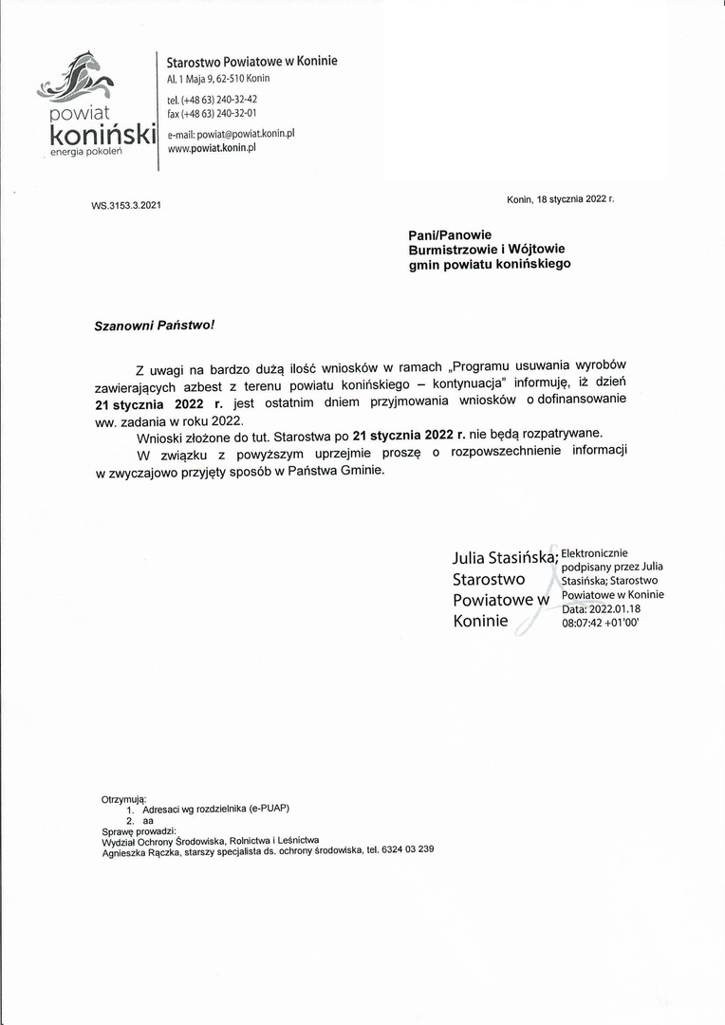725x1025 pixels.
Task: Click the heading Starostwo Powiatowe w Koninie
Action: pyautogui.click(x=251, y=62)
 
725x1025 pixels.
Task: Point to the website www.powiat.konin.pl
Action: pyautogui.click(x=213, y=148)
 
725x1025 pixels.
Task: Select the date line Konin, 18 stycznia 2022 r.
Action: pyautogui.click(x=561, y=199)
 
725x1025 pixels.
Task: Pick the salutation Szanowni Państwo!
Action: pyautogui.click(x=155, y=325)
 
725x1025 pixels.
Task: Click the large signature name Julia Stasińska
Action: pyautogui.click(x=504, y=557)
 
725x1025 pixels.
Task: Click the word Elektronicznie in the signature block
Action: pyautogui.click(x=594, y=553)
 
